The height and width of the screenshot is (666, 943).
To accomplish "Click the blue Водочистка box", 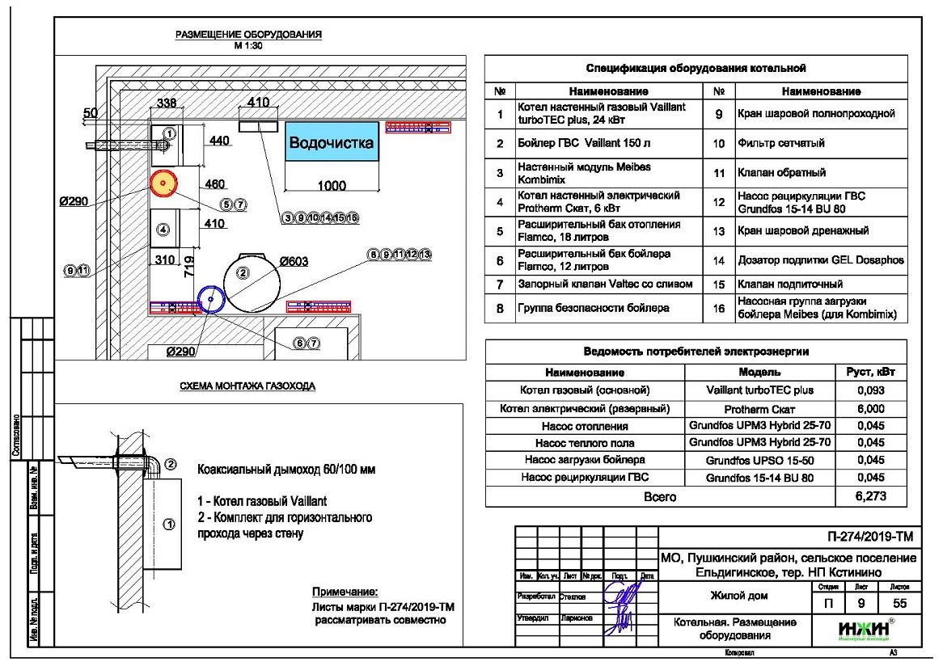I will [x=332, y=144].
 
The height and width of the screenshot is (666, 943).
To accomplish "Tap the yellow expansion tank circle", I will [x=163, y=184].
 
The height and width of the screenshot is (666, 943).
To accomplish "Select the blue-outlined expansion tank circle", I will [x=210, y=299].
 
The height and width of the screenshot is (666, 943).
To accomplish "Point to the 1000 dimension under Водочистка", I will [x=332, y=187].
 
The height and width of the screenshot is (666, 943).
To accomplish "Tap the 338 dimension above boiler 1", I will [x=166, y=103].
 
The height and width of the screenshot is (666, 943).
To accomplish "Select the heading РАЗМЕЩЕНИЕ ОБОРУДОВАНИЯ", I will [x=249, y=35].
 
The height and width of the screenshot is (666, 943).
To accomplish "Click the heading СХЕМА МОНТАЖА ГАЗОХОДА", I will [x=247, y=386].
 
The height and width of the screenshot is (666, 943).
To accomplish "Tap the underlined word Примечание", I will [x=345, y=592].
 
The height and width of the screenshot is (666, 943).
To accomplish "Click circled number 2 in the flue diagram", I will [x=171, y=464].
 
